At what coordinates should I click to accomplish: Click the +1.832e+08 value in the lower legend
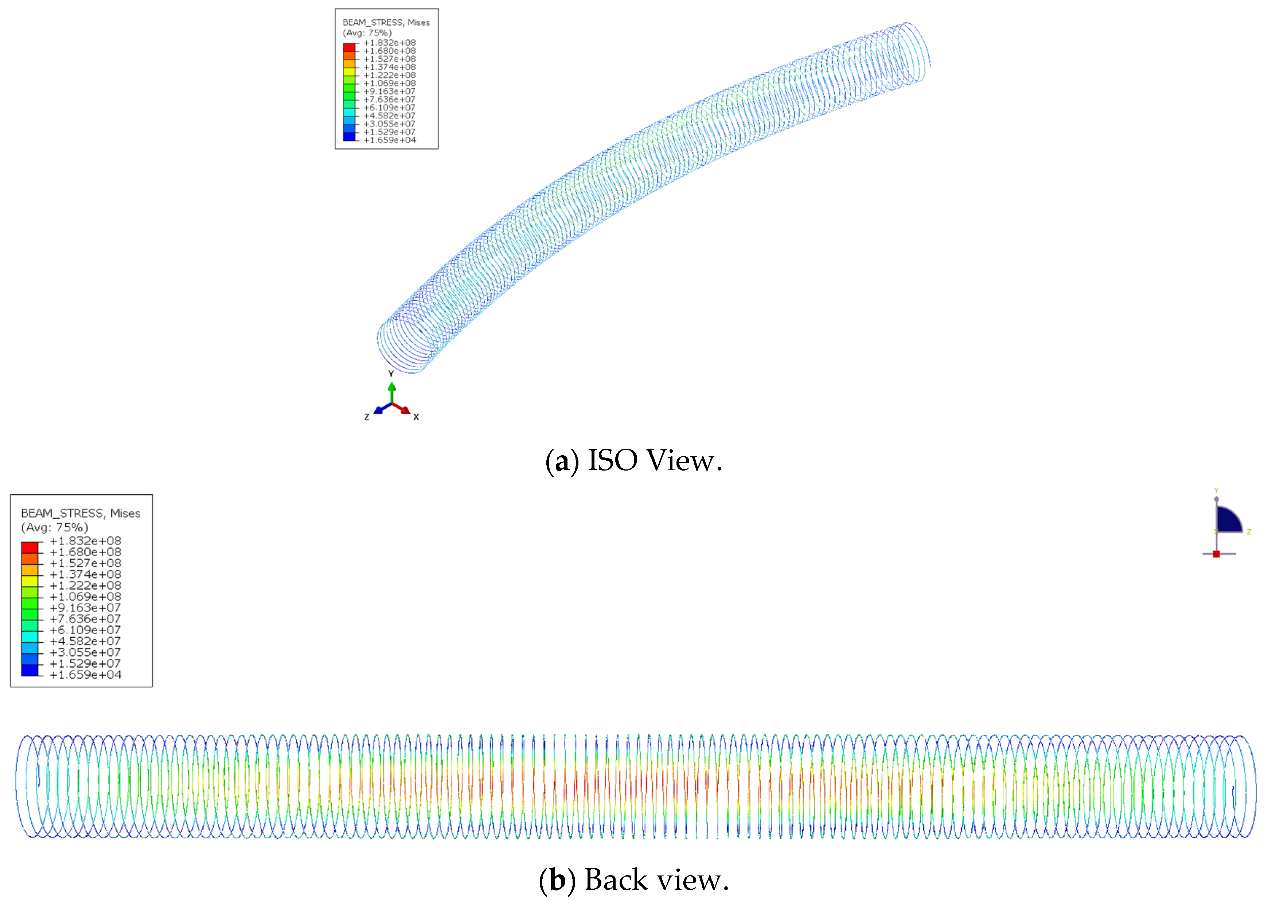click(x=85, y=541)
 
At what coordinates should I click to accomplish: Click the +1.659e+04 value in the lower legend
click(x=85, y=675)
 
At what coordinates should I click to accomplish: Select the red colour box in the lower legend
click(x=30, y=547)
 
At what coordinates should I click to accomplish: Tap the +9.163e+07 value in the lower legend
click(x=85, y=608)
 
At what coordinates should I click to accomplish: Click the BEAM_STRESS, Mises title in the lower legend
click(x=81, y=513)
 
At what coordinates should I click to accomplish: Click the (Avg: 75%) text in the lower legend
click(x=54, y=527)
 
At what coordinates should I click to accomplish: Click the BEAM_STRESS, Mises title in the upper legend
click(x=386, y=23)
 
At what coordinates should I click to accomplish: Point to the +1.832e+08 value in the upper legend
click(x=389, y=43)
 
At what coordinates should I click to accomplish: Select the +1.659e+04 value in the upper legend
click(x=389, y=140)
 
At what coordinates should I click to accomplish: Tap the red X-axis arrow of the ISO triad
click(x=405, y=410)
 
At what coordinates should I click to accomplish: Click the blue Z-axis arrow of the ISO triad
click(x=379, y=410)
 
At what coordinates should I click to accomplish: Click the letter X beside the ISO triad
click(x=416, y=417)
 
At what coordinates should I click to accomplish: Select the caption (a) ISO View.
click(x=633, y=460)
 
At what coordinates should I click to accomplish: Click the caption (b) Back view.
click(x=633, y=880)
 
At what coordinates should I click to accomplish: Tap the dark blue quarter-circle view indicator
click(x=1226, y=520)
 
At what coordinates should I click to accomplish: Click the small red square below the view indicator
click(x=1216, y=554)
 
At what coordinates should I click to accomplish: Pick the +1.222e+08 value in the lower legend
click(x=85, y=585)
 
